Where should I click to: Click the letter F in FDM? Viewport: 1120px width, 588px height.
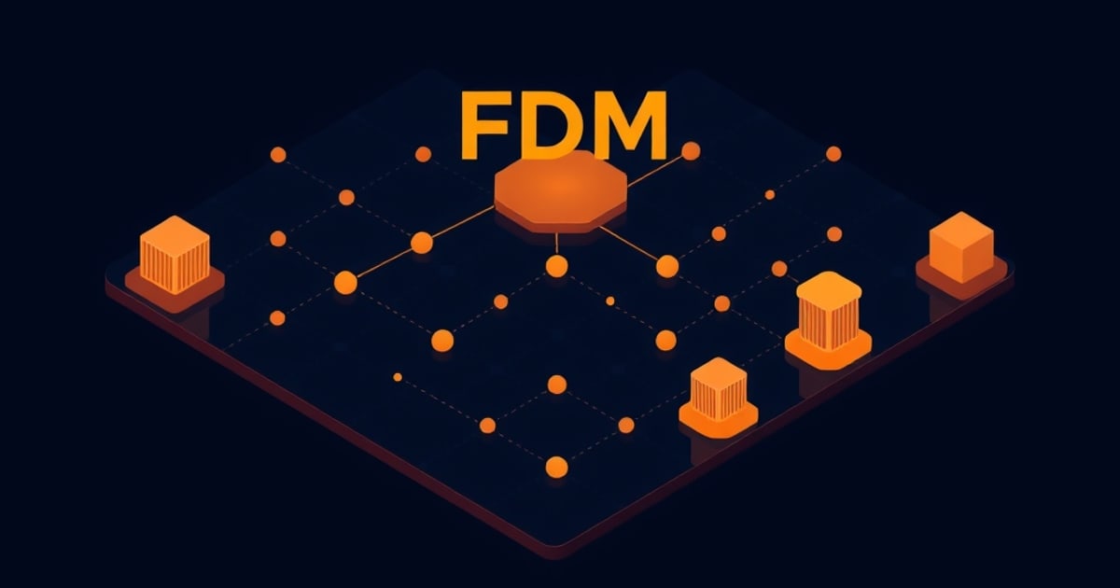click(x=484, y=125)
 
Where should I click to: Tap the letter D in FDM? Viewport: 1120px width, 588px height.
click(x=548, y=125)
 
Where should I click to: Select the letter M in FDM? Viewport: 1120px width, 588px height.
click(x=629, y=125)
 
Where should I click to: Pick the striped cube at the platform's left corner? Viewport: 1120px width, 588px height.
click(x=175, y=255)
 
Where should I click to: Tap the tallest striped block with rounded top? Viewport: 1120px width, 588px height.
click(x=829, y=311)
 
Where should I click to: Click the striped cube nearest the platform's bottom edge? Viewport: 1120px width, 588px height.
click(x=719, y=389)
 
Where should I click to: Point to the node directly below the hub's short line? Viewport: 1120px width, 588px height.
click(x=556, y=266)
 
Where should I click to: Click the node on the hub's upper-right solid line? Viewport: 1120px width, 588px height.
click(x=691, y=150)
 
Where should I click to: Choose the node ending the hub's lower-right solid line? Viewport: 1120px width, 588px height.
click(x=667, y=266)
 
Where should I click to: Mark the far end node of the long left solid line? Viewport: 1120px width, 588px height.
click(x=345, y=283)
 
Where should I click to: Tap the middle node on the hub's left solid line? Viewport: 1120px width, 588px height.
click(x=422, y=243)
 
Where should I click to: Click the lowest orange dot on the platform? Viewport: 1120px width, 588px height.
click(x=556, y=467)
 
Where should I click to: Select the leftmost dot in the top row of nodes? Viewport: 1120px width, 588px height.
click(x=278, y=155)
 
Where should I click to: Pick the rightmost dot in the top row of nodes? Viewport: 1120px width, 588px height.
click(x=833, y=154)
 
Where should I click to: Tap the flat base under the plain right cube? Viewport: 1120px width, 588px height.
click(x=961, y=278)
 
